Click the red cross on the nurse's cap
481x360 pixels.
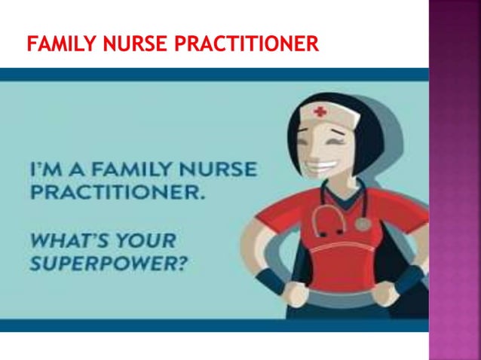[x=320, y=112]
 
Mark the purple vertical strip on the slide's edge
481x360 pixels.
[x=455, y=180]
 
